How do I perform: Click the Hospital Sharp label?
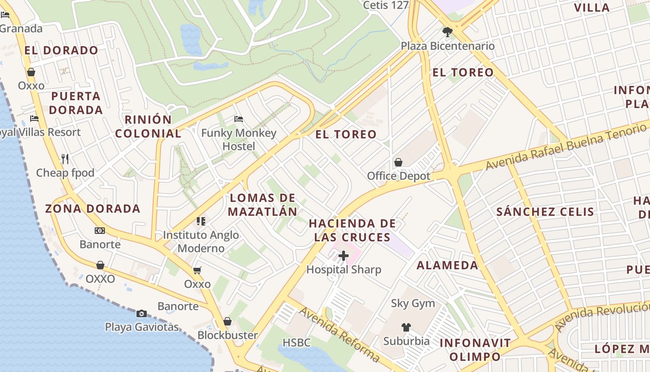pos(344,270)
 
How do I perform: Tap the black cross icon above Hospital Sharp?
pos(344,256)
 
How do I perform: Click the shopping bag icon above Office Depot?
pos(398,162)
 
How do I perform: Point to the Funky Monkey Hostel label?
pos(239,139)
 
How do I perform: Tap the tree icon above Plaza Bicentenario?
pos(448,32)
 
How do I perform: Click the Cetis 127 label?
pos(385,5)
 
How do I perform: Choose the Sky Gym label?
pos(413,304)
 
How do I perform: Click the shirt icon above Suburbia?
pos(406,327)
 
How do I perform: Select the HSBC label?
pos(297,343)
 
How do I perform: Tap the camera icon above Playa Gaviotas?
pos(142,313)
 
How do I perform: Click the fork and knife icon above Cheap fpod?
pos(65,159)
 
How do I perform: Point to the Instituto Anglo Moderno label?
pos(201,241)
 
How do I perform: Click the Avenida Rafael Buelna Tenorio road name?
pos(566,145)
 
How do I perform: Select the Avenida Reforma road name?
pos(339,333)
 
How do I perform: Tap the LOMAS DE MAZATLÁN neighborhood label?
pos(263,205)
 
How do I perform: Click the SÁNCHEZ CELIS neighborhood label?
pos(545,212)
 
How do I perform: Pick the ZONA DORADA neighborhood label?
pos(93,208)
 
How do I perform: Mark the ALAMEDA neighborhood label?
pos(447,266)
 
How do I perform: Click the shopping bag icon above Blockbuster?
pos(227,321)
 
